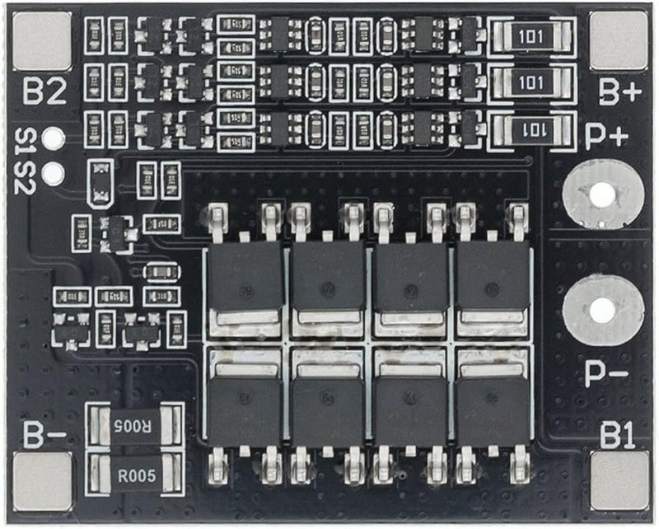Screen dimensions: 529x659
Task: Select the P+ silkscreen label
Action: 606,135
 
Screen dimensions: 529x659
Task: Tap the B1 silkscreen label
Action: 619,434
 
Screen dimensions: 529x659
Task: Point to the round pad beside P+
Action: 602,194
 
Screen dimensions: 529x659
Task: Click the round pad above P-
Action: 602,310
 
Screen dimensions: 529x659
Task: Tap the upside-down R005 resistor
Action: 133,426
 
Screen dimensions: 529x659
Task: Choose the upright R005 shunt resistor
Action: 133,474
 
